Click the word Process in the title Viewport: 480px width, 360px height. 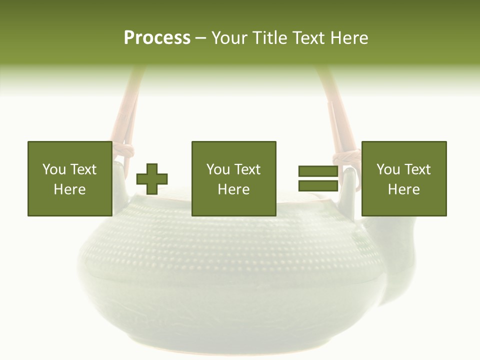157,38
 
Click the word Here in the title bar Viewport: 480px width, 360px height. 350,38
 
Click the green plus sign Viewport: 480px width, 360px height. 152,179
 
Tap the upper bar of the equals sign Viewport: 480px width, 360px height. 318,171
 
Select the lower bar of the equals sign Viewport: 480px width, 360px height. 318,186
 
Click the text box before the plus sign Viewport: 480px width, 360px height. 69,178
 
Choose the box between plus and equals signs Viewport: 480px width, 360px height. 233,178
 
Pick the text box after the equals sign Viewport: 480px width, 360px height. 403,178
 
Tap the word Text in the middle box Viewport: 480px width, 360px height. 248,169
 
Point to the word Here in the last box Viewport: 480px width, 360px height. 403,189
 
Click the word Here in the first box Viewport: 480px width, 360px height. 69,189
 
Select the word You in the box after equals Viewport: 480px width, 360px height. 388,169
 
